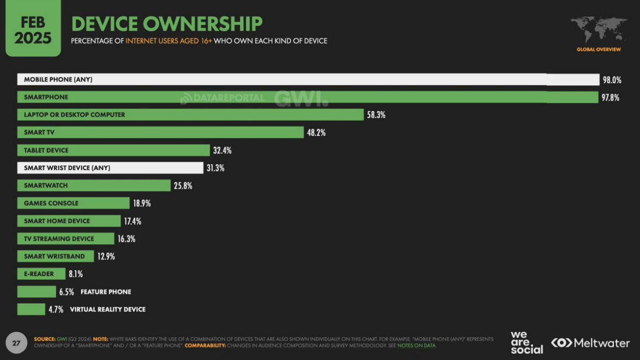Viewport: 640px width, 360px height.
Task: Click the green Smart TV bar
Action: (x=160, y=132)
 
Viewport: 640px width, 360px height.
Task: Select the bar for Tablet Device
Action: (x=113, y=150)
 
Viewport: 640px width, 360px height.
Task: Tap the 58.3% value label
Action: (x=376, y=115)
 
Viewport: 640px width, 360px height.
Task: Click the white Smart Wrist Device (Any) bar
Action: (x=110, y=168)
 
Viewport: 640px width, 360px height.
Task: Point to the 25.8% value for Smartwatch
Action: (x=183, y=186)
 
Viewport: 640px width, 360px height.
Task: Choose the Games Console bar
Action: (x=73, y=203)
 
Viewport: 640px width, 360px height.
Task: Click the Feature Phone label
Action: (x=106, y=292)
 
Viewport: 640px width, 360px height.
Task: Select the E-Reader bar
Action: (x=41, y=274)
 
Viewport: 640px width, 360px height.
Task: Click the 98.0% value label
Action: (x=612, y=80)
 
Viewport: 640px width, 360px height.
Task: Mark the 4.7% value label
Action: (x=56, y=309)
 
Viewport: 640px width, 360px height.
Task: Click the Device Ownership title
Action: (x=167, y=24)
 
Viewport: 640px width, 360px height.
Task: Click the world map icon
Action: (x=599, y=30)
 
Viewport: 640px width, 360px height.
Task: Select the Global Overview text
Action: (x=599, y=49)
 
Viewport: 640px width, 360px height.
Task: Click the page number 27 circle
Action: (x=16, y=343)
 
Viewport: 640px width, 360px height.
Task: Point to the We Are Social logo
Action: (x=526, y=343)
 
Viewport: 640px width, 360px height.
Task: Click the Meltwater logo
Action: (x=590, y=343)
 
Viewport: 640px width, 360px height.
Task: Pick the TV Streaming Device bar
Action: (x=65, y=239)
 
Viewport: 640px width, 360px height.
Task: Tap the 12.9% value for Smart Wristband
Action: (x=106, y=257)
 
